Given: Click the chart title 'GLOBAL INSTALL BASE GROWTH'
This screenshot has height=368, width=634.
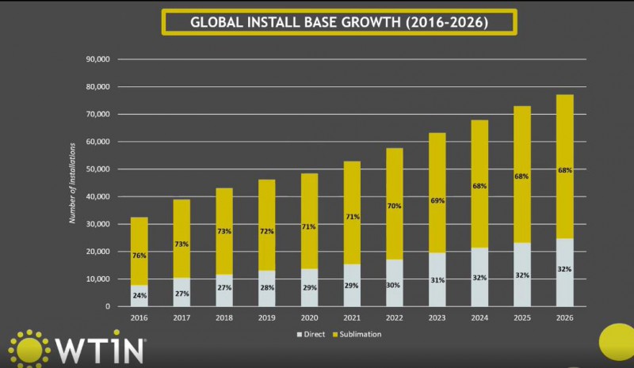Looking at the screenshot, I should pyautogui.click(x=338, y=22).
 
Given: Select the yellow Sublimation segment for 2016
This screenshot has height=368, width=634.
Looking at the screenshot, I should pyautogui.click(x=139, y=237).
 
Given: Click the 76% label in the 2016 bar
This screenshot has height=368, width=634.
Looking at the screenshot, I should pyautogui.click(x=139, y=256).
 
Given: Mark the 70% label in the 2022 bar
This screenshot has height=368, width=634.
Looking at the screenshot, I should pyautogui.click(x=394, y=207).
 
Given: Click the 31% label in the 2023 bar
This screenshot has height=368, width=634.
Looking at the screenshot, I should pyautogui.click(x=437, y=280).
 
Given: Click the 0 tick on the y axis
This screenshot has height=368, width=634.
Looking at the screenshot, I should pyautogui.click(x=107, y=306).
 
